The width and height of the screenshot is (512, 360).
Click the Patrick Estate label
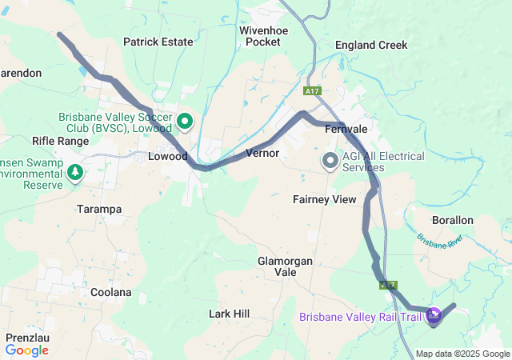[158, 42]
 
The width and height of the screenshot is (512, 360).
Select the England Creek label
[370, 46]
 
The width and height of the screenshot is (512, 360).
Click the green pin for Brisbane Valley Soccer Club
[185, 122]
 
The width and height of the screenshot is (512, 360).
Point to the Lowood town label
[168, 157]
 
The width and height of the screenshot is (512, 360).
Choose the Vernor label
[262, 153]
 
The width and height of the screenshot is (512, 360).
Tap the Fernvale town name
[346, 129]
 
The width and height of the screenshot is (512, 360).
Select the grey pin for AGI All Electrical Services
[330, 161]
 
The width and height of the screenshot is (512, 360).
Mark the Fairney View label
[324, 199]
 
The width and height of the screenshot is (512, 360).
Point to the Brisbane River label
[439, 241]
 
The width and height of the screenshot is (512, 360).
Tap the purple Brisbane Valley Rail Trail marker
[434, 317]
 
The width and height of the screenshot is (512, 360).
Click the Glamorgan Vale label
[287, 266]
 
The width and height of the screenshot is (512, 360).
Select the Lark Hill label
[230, 314]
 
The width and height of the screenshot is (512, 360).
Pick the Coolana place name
[110, 292]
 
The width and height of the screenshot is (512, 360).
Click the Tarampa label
[98, 209]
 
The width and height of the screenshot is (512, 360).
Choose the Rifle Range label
[60, 141]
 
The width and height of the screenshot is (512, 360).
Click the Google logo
[26, 350]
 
